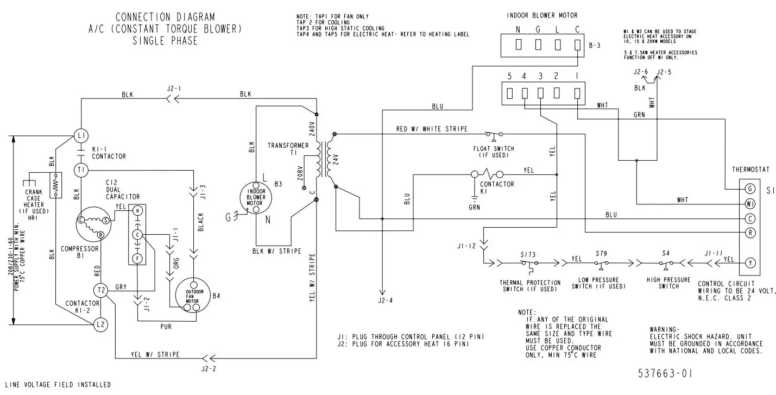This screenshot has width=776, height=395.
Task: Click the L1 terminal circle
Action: coord(81,135)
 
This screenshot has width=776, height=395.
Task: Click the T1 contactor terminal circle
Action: coord(81,170)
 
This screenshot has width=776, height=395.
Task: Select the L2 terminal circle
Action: coord(100,324)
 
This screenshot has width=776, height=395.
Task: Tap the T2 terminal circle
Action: coord(100,290)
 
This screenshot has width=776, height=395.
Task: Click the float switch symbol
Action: coord(494,134)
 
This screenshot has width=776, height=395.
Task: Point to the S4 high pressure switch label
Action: coord(666,254)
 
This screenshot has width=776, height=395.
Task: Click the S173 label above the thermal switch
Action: coord(527,254)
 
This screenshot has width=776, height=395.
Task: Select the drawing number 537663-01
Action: coord(665,374)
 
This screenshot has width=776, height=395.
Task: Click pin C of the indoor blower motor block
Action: coord(577,44)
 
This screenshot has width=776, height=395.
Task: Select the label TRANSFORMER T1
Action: coord(287,149)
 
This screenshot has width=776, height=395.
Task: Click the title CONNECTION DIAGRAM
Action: coord(165,17)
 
